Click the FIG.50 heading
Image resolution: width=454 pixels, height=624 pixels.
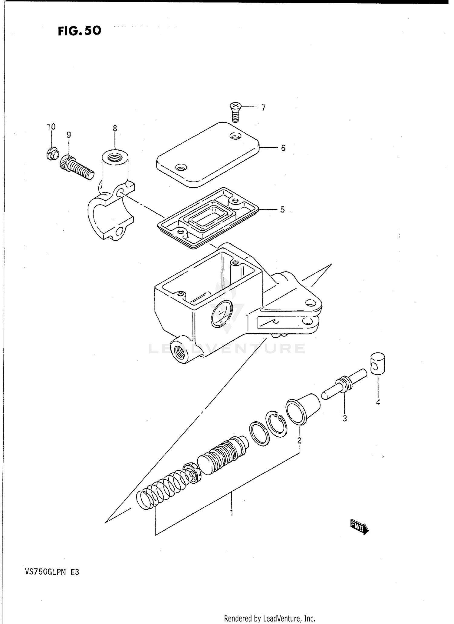(79, 31)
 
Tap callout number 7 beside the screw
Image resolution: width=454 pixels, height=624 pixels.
(263, 108)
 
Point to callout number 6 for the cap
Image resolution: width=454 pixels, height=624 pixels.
(283, 148)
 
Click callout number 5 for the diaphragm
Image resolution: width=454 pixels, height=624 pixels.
(282, 210)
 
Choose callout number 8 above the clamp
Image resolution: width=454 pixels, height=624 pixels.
(115, 128)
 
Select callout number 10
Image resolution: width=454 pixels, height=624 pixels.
(51, 127)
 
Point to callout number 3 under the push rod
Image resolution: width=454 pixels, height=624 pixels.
(344, 419)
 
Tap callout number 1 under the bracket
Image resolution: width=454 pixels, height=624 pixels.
(232, 513)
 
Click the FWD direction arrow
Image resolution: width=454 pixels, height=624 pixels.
(359, 527)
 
